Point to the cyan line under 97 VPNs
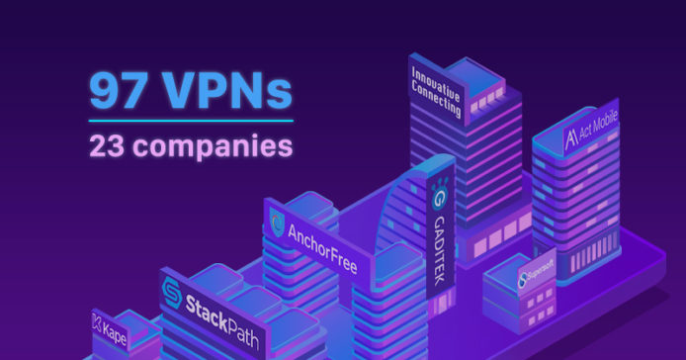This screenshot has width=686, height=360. (x=190, y=121)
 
